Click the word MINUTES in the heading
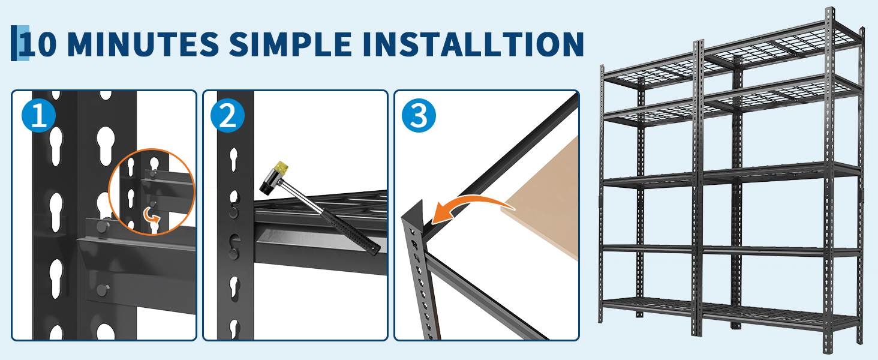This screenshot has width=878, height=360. (143, 43)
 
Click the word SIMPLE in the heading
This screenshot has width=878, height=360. (290, 43)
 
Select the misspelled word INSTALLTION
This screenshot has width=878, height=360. (473, 43)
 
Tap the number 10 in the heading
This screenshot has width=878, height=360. (38, 43)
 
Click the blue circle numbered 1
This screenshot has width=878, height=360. (38, 115)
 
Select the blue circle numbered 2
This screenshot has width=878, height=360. (228, 115)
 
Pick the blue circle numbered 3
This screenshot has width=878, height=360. (419, 115)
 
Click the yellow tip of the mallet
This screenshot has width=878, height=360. (282, 167)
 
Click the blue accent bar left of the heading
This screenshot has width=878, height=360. (14, 43)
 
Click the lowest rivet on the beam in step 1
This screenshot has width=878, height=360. (103, 290)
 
